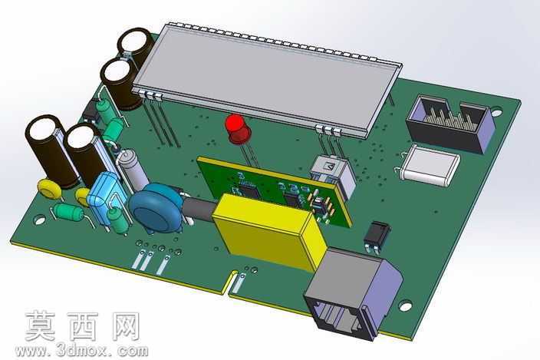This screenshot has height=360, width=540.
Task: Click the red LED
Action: tap(237, 129)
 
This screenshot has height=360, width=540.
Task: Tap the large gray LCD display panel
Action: tap(267, 78)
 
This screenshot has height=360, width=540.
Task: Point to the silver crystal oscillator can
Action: tap(431, 165)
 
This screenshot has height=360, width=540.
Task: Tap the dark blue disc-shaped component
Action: tap(156, 209)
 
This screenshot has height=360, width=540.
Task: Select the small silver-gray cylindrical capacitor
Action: tap(132, 170)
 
